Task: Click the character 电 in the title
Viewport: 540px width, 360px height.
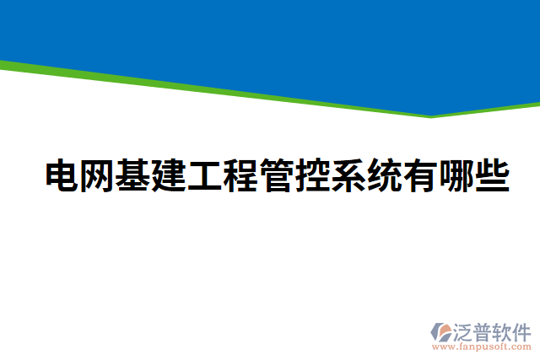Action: (x=62, y=175)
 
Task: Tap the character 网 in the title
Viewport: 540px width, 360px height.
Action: (x=97, y=175)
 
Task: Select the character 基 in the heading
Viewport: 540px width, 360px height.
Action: (x=133, y=175)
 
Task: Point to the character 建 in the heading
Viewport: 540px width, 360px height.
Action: (x=169, y=175)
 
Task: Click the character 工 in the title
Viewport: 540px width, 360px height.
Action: (x=205, y=175)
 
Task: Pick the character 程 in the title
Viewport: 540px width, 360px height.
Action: (x=240, y=175)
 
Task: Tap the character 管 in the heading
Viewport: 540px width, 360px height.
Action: (x=277, y=175)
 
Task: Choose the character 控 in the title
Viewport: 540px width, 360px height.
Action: (x=312, y=175)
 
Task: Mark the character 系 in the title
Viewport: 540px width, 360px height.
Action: (x=348, y=175)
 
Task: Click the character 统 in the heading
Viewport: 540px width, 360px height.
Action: (x=384, y=175)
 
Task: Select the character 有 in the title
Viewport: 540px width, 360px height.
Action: (x=420, y=175)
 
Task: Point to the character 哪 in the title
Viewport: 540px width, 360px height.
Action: (x=456, y=175)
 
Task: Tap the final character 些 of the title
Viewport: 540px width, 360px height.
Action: (x=492, y=175)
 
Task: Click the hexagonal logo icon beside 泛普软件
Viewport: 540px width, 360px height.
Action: (x=443, y=331)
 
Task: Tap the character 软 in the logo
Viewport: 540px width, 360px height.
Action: (x=505, y=330)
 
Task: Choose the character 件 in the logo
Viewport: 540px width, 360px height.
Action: (x=523, y=330)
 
